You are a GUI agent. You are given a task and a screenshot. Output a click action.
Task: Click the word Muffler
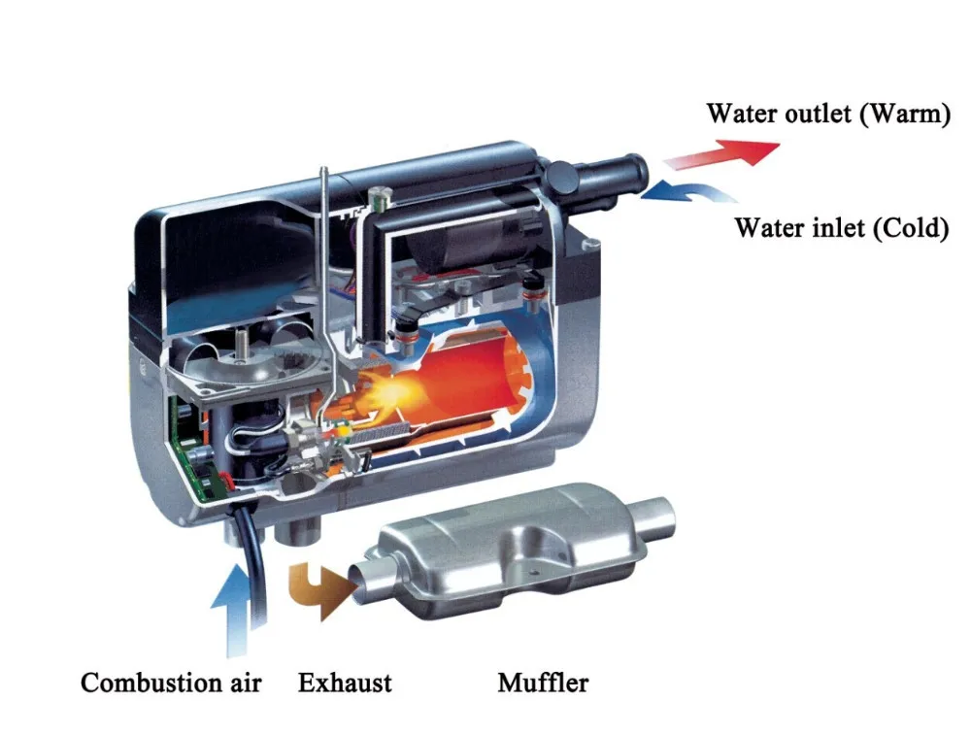pyautogui.click(x=543, y=683)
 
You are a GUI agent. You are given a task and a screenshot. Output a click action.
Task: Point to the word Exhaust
pyautogui.click(x=345, y=683)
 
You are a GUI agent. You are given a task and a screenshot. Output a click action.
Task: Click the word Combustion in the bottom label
pyautogui.click(x=143, y=683)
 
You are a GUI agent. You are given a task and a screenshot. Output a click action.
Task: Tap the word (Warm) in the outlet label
pyautogui.click(x=903, y=114)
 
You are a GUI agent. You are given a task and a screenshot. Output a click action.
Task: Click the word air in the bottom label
pyautogui.click(x=243, y=683)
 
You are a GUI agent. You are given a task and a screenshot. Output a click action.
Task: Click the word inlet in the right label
pyautogui.click(x=833, y=228)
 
